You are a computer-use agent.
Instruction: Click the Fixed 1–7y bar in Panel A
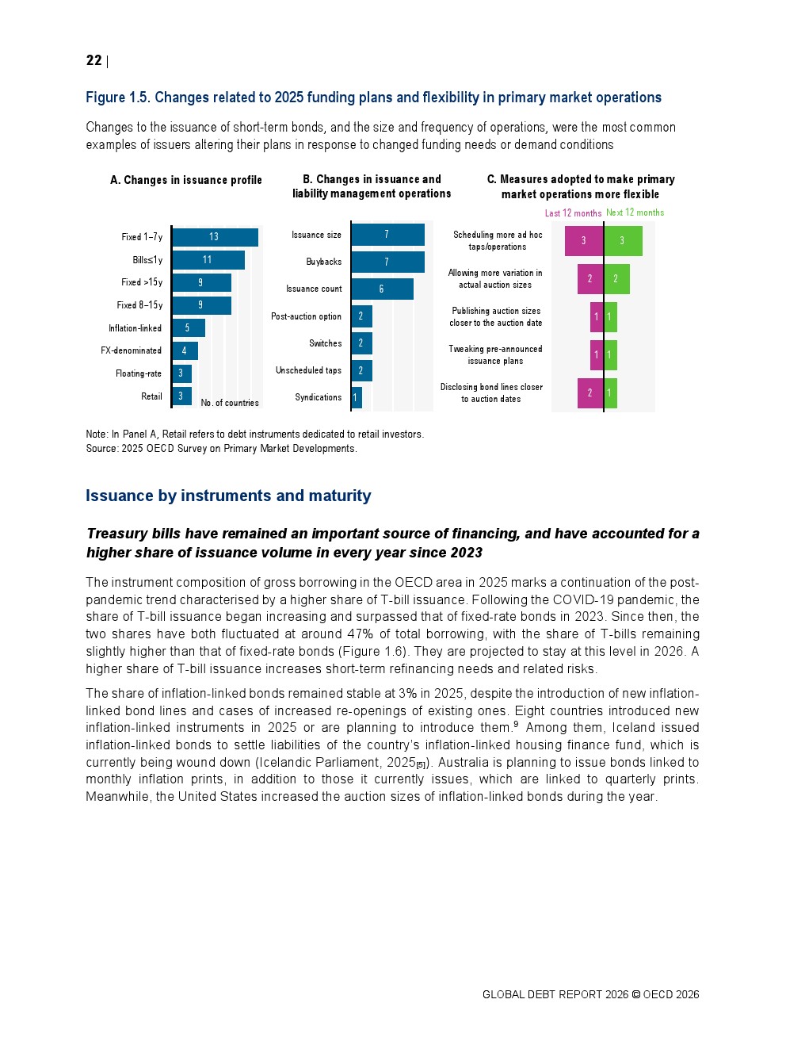(215, 237)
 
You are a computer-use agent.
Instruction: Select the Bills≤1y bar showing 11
(208, 260)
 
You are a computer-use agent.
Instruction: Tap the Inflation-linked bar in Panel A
(189, 328)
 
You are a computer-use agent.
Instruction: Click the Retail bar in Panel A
(181, 396)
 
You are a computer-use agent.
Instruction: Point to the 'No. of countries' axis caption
(230, 403)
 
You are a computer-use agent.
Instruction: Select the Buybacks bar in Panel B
(387, 262)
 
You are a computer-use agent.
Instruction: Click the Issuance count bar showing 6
(382, 289)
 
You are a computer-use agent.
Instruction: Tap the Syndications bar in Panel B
(357, 397)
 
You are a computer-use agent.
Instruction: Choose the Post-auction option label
(306, 316)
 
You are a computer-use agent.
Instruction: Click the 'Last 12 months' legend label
(573, 213)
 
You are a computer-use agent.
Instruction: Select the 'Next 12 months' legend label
(635, 212)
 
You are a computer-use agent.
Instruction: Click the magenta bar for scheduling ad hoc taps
(584, 241)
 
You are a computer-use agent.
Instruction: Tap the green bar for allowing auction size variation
(616, 279)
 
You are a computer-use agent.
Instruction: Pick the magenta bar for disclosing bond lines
(590, 393)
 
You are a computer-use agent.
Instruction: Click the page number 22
(93, 61)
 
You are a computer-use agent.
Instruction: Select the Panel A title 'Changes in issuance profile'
(186, 180)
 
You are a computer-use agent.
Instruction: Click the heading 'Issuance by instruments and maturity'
(228, 496)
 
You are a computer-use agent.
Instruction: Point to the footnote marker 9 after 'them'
(516, 724)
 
